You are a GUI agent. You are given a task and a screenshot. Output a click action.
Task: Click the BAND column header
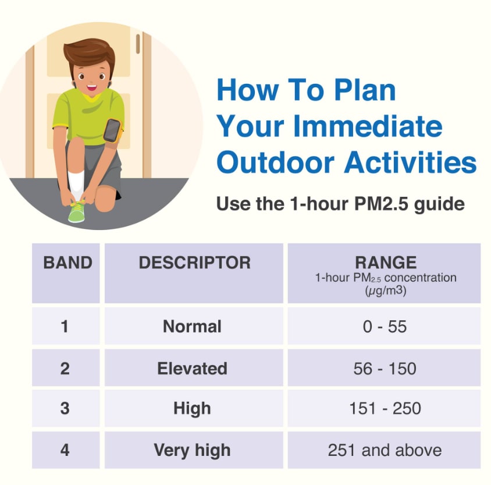67,262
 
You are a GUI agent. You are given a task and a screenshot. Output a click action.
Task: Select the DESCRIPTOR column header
194,262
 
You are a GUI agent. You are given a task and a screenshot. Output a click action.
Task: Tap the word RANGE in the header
386,262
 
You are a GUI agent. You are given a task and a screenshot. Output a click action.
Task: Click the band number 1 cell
65,326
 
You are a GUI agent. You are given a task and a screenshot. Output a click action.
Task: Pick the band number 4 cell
65,450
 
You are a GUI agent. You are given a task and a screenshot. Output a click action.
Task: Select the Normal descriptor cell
192,326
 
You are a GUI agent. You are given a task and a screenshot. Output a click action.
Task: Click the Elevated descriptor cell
192,368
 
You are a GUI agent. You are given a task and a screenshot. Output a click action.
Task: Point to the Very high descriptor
192,451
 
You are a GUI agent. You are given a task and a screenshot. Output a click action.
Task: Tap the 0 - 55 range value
385,327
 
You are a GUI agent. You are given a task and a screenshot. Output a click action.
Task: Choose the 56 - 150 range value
385,369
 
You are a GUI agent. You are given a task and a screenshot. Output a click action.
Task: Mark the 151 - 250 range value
385,408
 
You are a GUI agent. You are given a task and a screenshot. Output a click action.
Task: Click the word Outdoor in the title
275,162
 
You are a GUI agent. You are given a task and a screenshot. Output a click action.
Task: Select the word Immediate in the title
368,126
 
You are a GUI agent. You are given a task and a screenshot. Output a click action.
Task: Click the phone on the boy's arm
112,130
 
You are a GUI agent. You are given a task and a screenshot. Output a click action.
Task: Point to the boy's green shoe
76,212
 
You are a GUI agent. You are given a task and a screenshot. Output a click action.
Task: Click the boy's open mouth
92,87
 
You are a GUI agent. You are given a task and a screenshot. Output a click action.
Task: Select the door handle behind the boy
138,44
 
